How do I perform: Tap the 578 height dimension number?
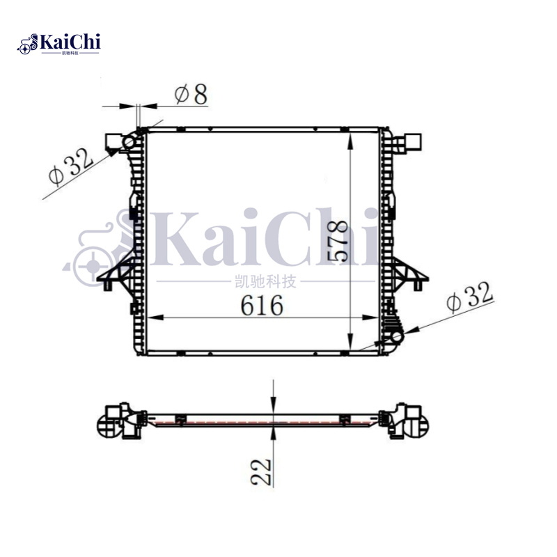tap(338, 241)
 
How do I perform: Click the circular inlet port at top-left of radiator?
tap(129, 143)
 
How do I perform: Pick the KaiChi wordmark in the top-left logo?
tap(70, 42)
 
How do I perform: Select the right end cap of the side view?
tap(407, 421)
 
